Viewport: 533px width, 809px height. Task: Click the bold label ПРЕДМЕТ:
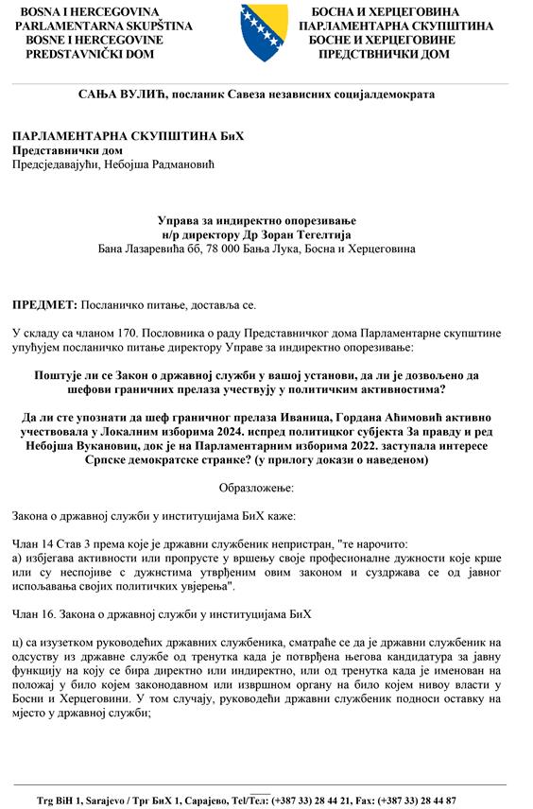point(43,306)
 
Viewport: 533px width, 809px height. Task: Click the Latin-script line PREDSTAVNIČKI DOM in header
point(80,55)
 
